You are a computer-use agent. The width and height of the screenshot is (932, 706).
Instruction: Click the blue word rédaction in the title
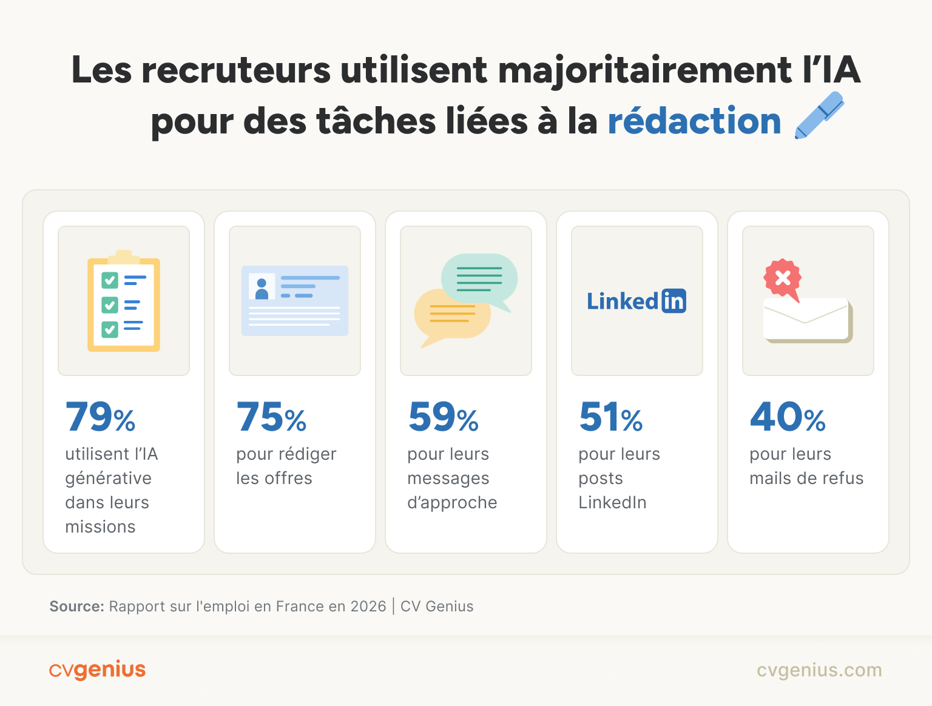[694, 121]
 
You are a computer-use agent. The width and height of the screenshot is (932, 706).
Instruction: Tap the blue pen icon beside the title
[819, 115]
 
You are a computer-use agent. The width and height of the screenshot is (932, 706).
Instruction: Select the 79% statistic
[100, 417]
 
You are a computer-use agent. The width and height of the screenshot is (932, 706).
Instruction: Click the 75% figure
[271, 417]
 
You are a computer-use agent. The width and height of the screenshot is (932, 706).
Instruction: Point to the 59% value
[443, 417]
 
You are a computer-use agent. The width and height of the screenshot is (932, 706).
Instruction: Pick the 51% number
[610, 417]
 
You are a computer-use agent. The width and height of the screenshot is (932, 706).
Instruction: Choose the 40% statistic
[788, 417]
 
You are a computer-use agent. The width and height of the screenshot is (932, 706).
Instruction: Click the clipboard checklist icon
[124, 301]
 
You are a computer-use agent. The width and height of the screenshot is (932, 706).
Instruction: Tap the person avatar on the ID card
[262, 287]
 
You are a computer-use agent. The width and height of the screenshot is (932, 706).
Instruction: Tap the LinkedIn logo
[636, 301]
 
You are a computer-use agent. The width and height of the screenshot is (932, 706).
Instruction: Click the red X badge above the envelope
[783, 278]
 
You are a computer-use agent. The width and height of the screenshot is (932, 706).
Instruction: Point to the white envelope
[806, 320]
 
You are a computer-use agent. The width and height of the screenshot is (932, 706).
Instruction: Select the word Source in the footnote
[76, 607]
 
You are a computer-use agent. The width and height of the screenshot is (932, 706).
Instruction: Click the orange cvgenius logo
[97, 670]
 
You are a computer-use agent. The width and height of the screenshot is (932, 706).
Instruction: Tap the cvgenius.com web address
[819, 670]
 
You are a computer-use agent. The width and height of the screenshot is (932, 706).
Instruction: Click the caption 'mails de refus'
[806, 479]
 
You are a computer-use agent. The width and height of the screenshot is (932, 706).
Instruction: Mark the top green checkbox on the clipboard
[110, 280]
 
